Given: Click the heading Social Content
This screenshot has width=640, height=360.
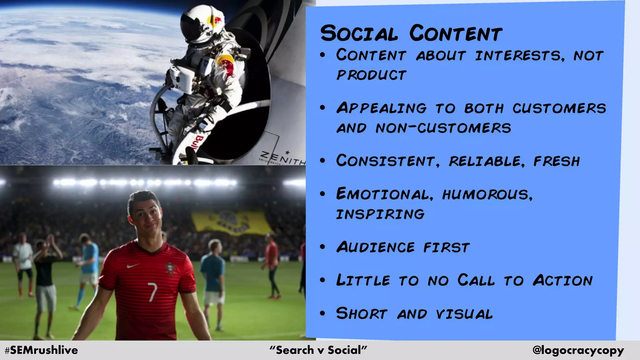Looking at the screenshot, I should pos(411,33).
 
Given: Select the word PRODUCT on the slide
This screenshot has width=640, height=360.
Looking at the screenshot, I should pos(371,75).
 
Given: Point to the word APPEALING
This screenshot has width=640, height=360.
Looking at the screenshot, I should pos(381,108).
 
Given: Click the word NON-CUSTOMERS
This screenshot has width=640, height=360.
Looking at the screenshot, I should pos(443,128).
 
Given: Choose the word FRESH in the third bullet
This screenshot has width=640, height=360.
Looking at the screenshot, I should pos(556,161).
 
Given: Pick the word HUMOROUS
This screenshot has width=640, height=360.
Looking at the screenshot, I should pos(487,194).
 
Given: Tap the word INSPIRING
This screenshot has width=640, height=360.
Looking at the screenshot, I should pos(380,214).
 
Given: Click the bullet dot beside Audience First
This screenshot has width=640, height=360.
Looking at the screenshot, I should pos(323,247).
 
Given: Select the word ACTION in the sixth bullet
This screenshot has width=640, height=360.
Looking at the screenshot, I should pos(562,280).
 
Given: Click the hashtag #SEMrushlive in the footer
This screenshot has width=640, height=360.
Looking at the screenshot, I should pos(41,350).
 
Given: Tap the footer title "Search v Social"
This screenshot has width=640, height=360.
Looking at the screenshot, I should pos(318,350).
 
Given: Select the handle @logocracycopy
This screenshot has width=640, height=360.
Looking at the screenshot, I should pos(578,350).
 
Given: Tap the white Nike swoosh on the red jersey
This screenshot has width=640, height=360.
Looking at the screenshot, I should pos(133,266).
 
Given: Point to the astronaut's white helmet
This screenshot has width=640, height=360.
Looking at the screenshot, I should pos(200,23).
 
